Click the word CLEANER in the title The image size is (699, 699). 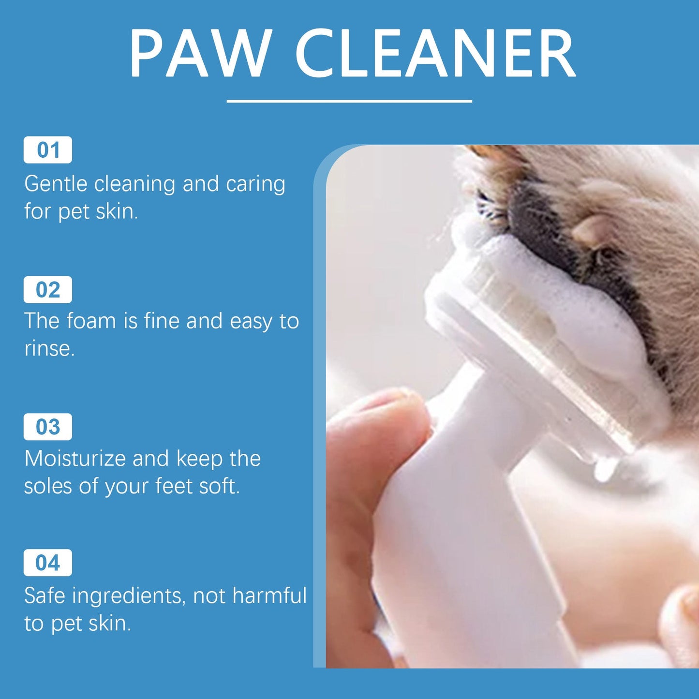(x=435, y=54)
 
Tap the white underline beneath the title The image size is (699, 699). (x=349, y=101)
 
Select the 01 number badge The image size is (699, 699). (x=48, y=150)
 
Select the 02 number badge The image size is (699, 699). (x=48, y=290)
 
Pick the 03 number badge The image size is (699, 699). (x=48, y=427)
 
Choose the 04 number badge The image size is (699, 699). (x=48, y=563)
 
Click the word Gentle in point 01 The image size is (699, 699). (x=56, y=184)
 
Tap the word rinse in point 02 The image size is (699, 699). (x=48, y=348)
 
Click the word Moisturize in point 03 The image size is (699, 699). (x=75, y=459)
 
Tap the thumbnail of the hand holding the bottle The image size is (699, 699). (x=368, y=484)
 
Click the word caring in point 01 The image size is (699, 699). (x=255, y=184)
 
